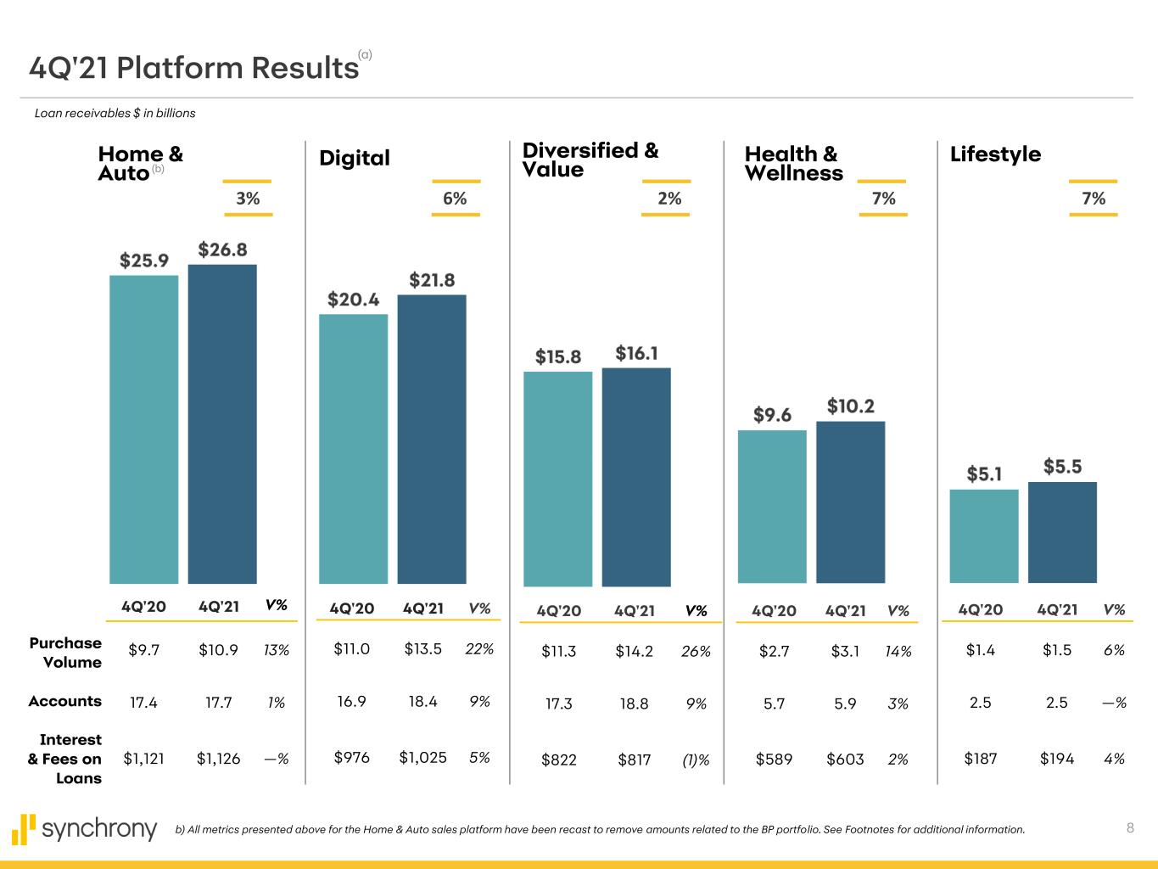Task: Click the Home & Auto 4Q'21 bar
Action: [222, 424]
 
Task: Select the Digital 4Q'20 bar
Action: [353, 449]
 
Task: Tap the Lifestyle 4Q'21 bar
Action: [1062, 532]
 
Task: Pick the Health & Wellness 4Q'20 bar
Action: [772, 507]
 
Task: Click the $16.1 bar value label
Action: [636, 353]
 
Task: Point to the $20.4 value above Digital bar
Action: [353, 300]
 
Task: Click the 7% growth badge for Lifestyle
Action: [1094, 199]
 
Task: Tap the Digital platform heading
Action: [354, 158]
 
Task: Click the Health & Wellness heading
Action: [793, 164]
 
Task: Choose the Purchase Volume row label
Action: [65, 653]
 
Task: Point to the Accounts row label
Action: [64, 701]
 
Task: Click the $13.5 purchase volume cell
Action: [422, 649]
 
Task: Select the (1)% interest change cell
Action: [696, 760]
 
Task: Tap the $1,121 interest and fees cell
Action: [143, 759]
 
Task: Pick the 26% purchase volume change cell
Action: [696, 652]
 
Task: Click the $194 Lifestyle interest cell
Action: [1056, 759]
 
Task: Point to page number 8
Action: [1130, 828]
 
